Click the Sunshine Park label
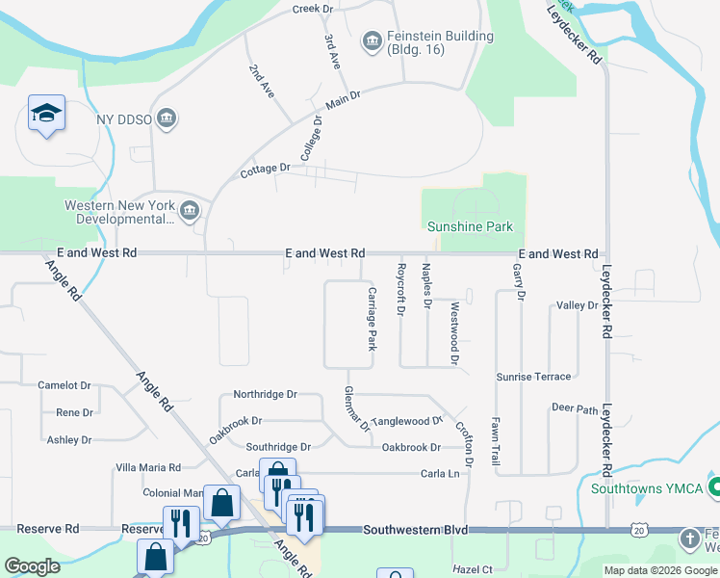[470, 226]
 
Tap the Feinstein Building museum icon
[372, 40]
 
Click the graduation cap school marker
[46, 114]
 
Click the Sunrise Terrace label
[533, 377]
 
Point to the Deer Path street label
[575, 407]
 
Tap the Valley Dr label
[578, 305]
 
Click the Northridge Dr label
[265, 394]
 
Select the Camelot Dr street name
[64, 385]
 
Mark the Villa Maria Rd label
[148, 467]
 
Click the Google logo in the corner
[32, 566]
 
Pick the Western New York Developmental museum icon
[189, 210]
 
